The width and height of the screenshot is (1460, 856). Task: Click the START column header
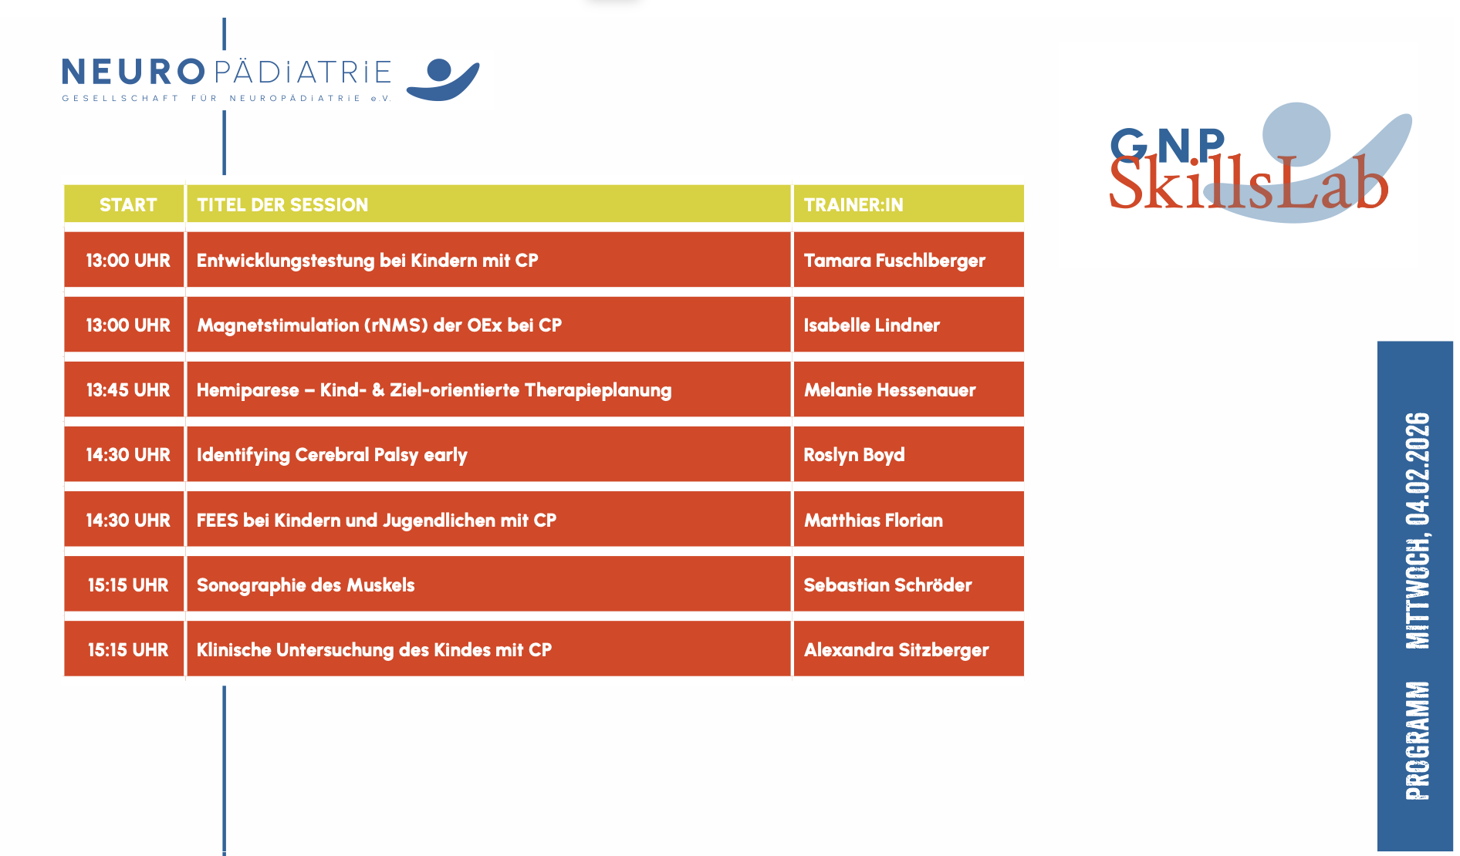coord(128,205)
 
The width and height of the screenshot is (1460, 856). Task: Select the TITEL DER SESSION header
coord(282,205)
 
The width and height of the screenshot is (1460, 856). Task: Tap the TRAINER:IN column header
coord(853,205)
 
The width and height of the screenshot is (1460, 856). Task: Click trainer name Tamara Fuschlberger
coord(894,261)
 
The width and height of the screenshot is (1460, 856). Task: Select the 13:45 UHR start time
coord(128,390)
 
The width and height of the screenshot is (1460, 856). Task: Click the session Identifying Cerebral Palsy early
coord(332,455)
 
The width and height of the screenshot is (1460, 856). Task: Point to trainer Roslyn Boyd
coord(854,455)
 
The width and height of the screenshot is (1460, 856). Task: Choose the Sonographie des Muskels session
coord(306,585)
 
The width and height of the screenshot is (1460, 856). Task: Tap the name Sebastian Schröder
coord(888,585)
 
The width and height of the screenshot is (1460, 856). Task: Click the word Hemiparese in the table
coord(248,390)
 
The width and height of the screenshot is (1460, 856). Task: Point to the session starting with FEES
coord(377,521)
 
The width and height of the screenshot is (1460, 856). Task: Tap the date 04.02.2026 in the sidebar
coord(1418,469)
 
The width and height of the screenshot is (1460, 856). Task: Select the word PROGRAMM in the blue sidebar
coord(1418,740)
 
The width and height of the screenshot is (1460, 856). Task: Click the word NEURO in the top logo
coord(133,72)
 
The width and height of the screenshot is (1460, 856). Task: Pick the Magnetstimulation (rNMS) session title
coord(379,325)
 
